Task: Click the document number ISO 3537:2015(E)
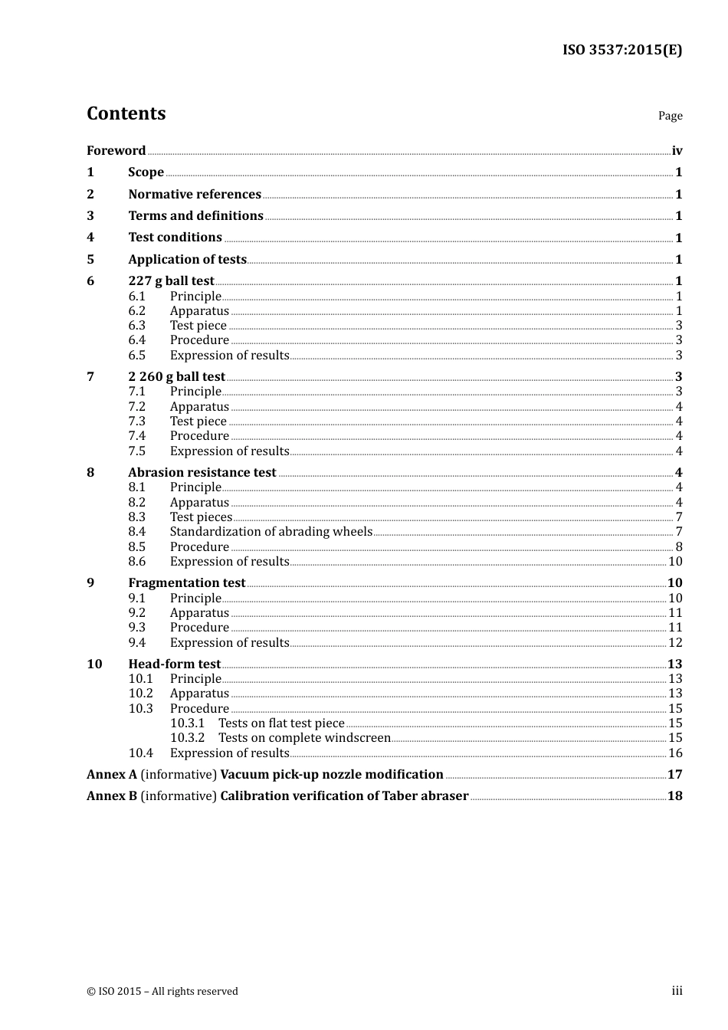tap(622, 50)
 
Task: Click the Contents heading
tap(126, 113)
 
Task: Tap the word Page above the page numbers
tap(670, 116)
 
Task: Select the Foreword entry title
tap(116, 150)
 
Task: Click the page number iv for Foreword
tap(677, 151)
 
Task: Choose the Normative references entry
tap(195, 194)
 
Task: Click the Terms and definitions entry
tap(195, 215)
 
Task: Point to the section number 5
tap(90, 259)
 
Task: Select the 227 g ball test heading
tap(171, 280)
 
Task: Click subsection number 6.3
tap(136, 325)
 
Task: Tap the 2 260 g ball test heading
tap(176, 376)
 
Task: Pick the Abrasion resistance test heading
tap(202, 472)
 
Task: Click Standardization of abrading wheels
tap(271, 531)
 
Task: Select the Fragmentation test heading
tap(186, 582)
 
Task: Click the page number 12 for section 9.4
tap(675, 642)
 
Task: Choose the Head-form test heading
tap(174, 664)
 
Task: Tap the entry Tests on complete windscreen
tap(304, 737)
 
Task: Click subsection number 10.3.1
tap(187, 723)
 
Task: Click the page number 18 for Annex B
tap(674, 795)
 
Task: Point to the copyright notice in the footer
tap(162, 991)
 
